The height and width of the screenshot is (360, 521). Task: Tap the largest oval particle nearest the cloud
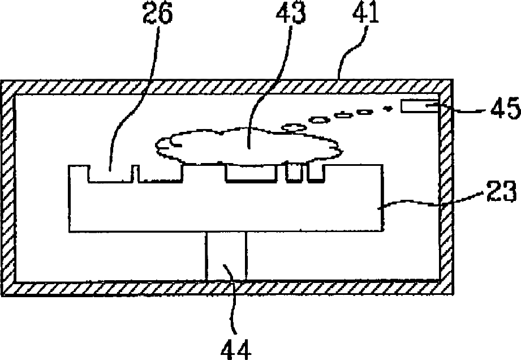click(x=294, y=127)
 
